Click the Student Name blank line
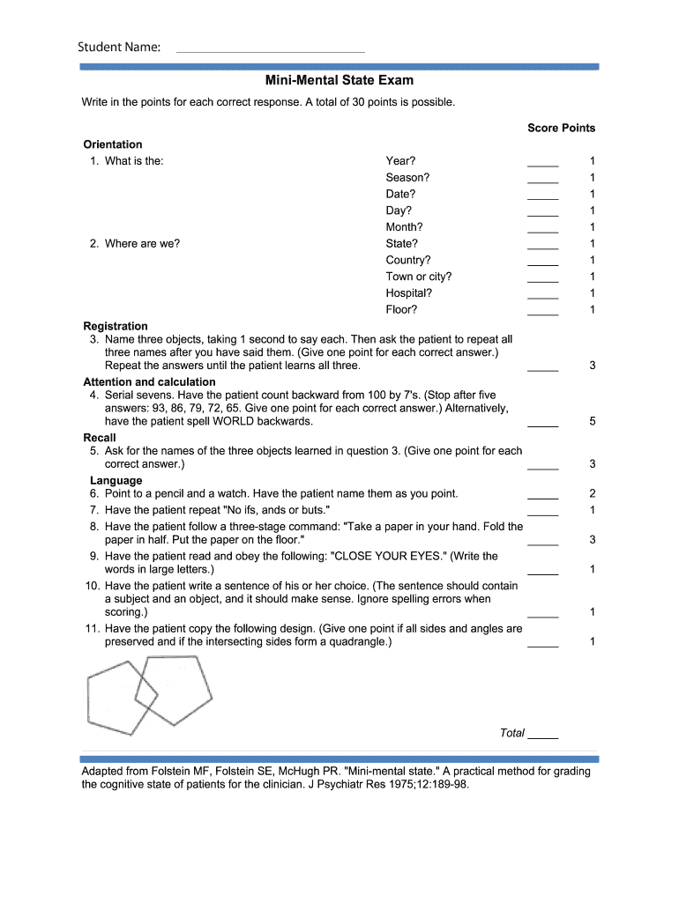271,50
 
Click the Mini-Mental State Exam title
339,81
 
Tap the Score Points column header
561,128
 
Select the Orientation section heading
113,144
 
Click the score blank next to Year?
542,164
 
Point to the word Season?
407,178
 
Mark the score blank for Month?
542,231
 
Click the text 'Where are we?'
142,244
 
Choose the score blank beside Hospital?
542,297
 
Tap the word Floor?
401,310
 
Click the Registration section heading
116,326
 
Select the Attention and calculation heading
149,382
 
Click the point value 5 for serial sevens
593,422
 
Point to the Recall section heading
100,438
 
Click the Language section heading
116,480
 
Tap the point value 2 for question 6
593,494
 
